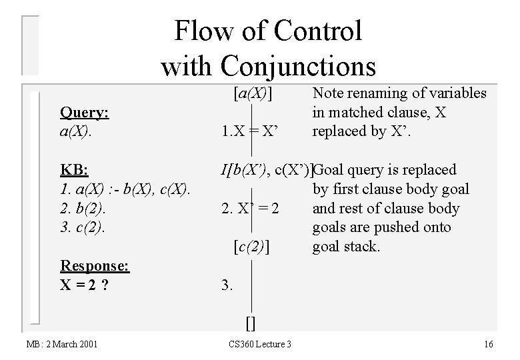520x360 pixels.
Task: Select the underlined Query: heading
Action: coord(85,113)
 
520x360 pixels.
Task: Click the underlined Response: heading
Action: coord(95,265)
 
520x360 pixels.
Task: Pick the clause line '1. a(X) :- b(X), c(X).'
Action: coord(126,189)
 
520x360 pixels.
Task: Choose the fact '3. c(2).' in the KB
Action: coord(82,227)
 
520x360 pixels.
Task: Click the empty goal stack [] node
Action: coord(250,323)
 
